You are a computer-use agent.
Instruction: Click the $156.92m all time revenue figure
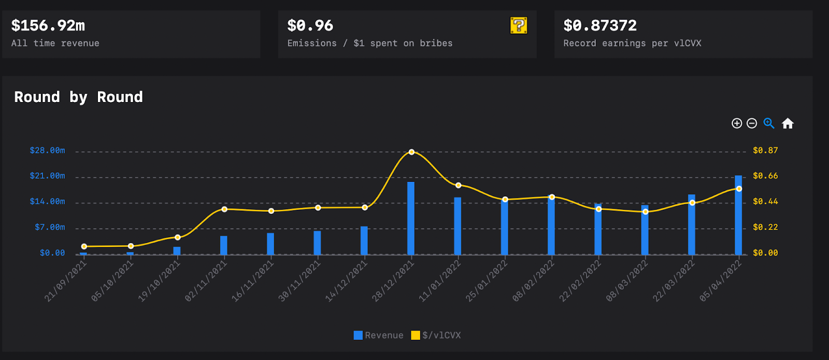tap(48, 25)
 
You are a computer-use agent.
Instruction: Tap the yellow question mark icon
tap(519, 25)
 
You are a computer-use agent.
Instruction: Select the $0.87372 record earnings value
tap(600, 25)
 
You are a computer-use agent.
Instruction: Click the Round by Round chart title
tap(78, 97)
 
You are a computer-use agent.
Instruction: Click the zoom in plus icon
tap(737, 123)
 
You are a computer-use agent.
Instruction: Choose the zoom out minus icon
tap(752, 123)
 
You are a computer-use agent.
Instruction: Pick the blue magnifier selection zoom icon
tap(769, 123)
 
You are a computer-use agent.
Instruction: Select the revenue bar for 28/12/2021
tap(411, 218)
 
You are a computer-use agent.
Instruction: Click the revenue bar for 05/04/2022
tap(738, 215)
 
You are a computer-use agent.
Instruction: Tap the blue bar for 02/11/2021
tap(224, 245)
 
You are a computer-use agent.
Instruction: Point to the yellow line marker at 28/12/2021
tap(411, 152)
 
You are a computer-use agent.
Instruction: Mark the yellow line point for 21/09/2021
tap(84, 247)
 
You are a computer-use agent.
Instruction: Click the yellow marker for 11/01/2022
tap(458, 185)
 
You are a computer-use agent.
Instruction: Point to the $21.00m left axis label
tap(48, 176)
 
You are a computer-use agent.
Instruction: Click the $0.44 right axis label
tap(765, 201)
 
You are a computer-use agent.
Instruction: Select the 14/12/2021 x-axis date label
tap(346, 281)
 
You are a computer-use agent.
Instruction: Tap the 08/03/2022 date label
tap(627, 281)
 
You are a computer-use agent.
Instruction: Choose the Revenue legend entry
tap(378, 335)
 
